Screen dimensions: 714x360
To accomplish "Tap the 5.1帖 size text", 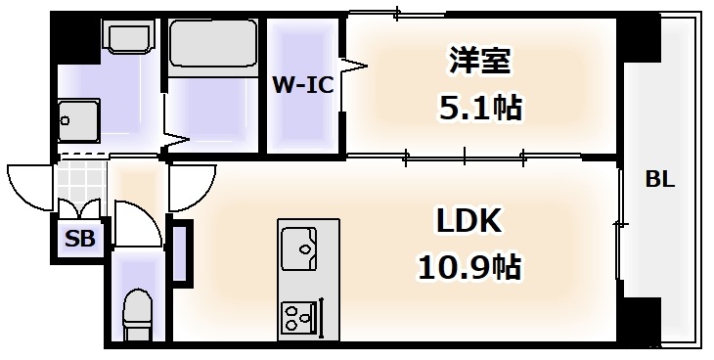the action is pyautogui.click(x=479, y=107).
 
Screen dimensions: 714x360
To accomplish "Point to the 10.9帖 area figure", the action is pyautogui.click(x=468, y=265).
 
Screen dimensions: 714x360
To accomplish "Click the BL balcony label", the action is pyautogui.click(x=660, y=180).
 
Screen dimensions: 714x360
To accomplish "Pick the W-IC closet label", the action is pyautogui.click(x=302, y=85).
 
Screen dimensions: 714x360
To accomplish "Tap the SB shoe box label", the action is pyautogui.click(x=79, y=238).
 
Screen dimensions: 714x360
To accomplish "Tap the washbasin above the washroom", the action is pyautogui.click(x=127, y=40).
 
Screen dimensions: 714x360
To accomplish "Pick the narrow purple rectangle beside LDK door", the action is pyautogui.click(x=182, y=253).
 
